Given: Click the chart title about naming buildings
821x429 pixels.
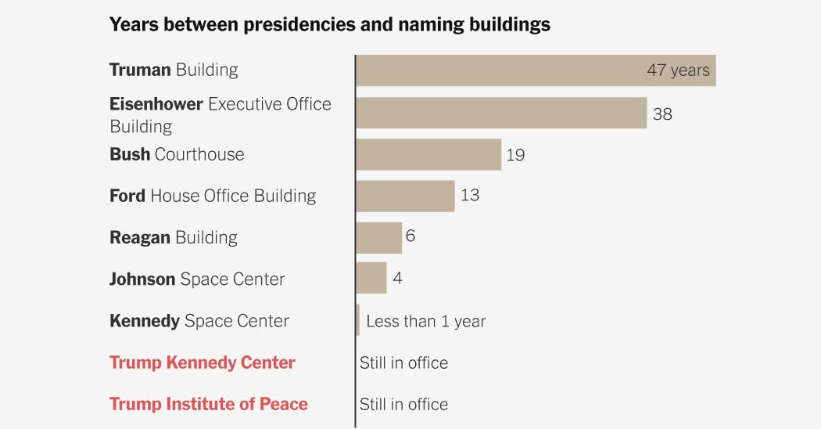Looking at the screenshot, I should coord(329,24).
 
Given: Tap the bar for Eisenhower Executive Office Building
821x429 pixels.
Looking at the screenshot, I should coord(501,113).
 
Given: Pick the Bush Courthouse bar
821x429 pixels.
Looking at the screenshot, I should coord(428,154).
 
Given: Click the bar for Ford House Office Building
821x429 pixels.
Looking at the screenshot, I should coord(405,196).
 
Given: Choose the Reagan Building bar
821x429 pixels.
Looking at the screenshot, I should coord(379,237).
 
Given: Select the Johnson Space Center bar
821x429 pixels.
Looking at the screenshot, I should coord(371,278).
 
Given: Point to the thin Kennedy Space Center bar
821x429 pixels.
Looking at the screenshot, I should coord(358,320).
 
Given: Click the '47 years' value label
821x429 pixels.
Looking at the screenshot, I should coord(678,70).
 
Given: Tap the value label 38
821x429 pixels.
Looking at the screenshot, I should coord(662,114).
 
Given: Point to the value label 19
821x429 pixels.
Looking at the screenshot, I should coord(515,155).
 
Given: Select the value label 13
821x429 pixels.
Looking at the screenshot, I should coord(469,196).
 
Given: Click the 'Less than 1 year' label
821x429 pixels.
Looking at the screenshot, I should coord(425,321).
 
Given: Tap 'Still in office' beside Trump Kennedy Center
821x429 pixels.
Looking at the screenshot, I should coord(403,362).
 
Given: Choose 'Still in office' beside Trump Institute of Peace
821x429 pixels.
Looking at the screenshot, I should coord(403,404).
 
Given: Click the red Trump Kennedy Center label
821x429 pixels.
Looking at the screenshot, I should coord(202,362).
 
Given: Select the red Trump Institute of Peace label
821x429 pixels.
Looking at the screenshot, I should coord(208,404).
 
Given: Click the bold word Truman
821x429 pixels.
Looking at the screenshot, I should coord(140,70).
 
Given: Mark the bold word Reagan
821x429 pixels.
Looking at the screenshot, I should coord(140,237).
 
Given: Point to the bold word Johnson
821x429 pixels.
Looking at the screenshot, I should coord(142,279).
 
